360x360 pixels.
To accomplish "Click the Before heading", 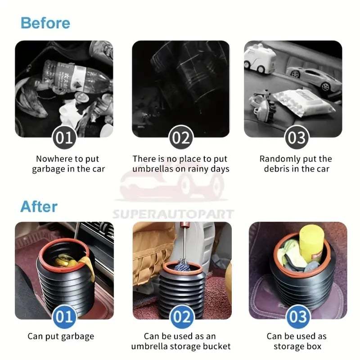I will click(45, 22).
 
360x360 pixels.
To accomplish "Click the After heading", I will click(39, 207).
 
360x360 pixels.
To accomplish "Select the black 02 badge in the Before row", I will click(180, 137).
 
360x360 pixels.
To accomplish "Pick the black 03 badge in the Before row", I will click(297, 137).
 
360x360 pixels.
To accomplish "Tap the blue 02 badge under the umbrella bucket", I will click(182, 317).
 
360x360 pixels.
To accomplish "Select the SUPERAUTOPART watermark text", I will click(173, 214).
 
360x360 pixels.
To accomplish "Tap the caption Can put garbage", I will click(61, 336).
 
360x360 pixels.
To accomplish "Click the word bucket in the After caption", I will click(217, 346).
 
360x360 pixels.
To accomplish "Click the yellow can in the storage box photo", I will click(310, 247).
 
